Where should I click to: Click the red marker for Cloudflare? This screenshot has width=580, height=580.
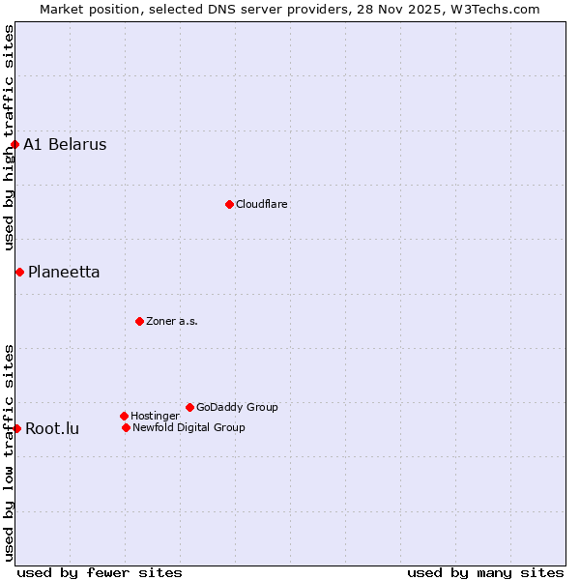pyautogui.click(x=229, y=204)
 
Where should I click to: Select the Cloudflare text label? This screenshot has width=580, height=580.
pyautogui.click(x=261, y=204)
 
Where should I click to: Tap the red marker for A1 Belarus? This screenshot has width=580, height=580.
pyautogui.click(x=14, y=145)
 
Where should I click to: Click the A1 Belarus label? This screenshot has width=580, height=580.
pyautogui.click(x=65, y=145)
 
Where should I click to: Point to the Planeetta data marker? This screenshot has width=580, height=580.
pyautogui.click(x=19, y=272)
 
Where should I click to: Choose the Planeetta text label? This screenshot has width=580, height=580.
pyautogui.click(x=64, y=272)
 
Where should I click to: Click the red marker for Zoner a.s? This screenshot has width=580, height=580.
pyautogui.click(x=139, y=321)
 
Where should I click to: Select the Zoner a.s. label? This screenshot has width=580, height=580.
pyautogui.click(x=172, y=321)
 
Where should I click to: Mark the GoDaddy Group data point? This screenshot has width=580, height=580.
pyautogui.click(x=189, y=407)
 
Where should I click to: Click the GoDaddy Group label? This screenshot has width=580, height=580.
pyautogui.click(x=237, y=407)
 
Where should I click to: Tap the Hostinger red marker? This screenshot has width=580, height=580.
pyautogui.click(x=124, y=416)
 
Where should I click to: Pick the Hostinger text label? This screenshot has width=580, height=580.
pyautogui.click(x=155, y=416)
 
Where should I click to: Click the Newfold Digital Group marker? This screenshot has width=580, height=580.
pyautogui.click(x=126, y=427)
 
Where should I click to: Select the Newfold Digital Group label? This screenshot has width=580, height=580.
pyautogui.click(x=188, y=427)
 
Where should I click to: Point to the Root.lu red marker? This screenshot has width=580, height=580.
pyautogui.click(x=16, y=428)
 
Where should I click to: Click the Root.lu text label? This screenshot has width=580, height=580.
pyautogui.click(x=52, y=428)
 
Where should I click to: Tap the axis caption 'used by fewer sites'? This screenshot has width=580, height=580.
pyautogui.click(x=100, y=572)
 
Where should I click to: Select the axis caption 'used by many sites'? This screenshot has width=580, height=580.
pyautogui.click(x=485, y=572)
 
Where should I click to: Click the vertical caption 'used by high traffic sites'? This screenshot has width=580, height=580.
pyautogui.click(x=9, y=137)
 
